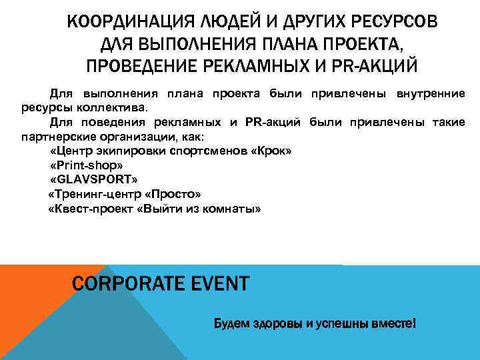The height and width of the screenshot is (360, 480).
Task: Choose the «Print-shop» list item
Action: [x=87, y=166]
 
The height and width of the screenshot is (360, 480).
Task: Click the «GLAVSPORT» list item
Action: [x=93, y=180]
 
